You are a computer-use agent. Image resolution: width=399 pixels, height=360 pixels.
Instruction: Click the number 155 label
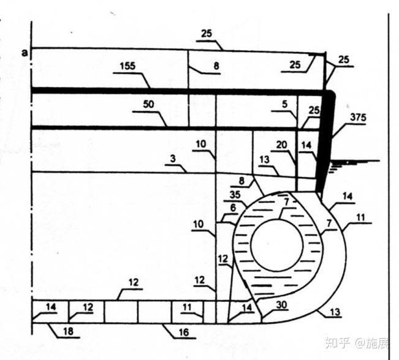[x=127, y=66]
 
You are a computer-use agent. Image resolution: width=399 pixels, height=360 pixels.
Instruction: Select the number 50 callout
[x=148, y=104]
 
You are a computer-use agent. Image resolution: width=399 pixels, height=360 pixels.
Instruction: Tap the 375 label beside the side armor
[x=358, y=117]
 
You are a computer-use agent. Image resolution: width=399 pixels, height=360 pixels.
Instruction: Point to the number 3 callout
[x=173, y=159]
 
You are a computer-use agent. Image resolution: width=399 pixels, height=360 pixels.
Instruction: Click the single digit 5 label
[x=284, y=103]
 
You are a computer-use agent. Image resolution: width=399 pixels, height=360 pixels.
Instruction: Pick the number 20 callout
[x=282, y=144]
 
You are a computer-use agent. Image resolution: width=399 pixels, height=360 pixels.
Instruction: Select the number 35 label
[x=235, y=195]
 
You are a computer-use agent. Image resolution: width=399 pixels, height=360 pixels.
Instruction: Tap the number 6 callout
[x=233, y=208]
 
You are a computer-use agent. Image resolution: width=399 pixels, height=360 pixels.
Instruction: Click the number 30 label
[x=281, y=304]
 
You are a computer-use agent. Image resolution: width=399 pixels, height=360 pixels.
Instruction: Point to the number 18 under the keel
[x=68, y=331]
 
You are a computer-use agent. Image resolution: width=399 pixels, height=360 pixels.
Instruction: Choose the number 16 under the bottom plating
[x=184, y=332]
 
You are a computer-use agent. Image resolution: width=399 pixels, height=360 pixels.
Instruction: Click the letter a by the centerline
[x=25, y=53]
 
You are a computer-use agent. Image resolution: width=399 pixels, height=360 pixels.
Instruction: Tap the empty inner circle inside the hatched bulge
[x=277, y=245]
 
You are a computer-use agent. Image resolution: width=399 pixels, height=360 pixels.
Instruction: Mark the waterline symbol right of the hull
[x=354, y=165]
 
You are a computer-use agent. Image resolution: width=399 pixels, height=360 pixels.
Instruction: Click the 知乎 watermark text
[x=338, y=343]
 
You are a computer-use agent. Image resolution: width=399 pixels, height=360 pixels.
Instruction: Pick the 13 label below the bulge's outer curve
[x=335, y=312]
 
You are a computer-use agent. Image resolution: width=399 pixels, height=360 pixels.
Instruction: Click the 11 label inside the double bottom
[x=187, y=307]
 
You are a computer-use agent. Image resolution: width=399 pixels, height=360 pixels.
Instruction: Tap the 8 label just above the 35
[x=241, y=181]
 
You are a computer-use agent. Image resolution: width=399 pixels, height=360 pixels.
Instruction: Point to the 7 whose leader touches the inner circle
[x=287, y=202]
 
